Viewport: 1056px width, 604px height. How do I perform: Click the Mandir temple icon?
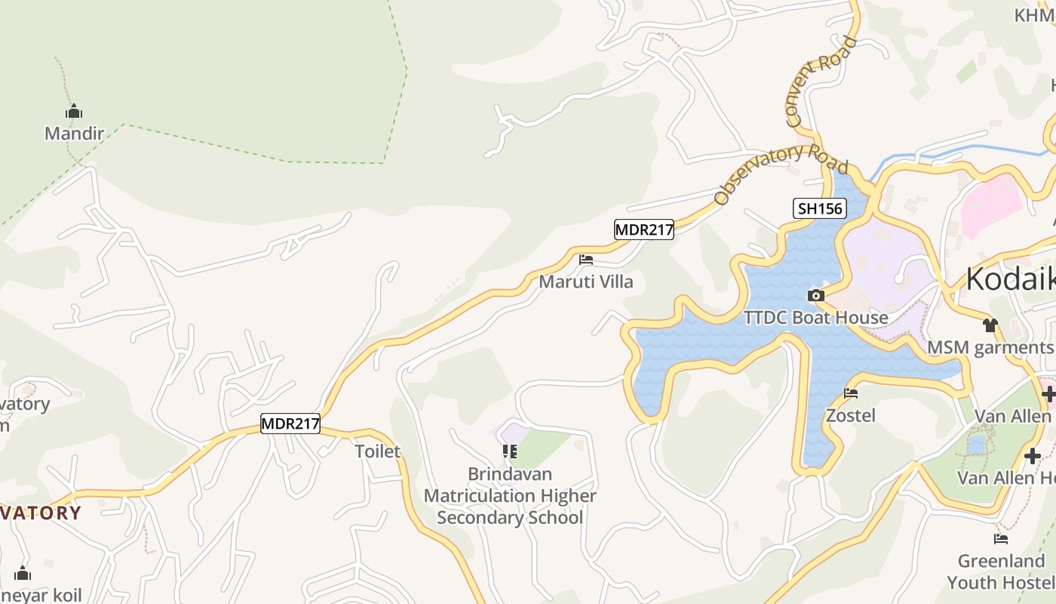pyautogui.click(x=74, y=112)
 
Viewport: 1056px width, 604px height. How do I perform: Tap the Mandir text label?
pyautogui.click(x=74, y=134)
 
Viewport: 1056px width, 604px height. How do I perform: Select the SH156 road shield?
pyautogui.click(x=819, y=208)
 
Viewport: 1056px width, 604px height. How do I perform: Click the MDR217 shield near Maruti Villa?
pyautogui.click(x=643, y=230)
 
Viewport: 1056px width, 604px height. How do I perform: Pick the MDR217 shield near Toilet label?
pyautogui.click(x=290, y=424)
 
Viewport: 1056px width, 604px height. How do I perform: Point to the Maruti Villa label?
pyautogui.click(x=586, y=282)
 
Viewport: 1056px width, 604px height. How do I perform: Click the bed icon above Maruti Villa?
pyautogui.click(x=586, y=260)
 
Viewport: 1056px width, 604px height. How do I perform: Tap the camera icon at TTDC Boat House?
pyautogui.click(x=815, y=295)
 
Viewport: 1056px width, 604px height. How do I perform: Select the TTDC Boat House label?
pyautogui.click(x=815, y=317)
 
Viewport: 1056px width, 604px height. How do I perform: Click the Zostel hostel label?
pyautogui.click(x=851, y=415)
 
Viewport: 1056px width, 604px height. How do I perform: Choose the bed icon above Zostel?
pyautogui.click(x=851, y=393)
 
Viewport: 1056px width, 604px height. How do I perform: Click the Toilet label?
pyautogui.click(x=377, y=451)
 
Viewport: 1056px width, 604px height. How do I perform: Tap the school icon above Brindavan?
pyautogui.click(x=510, y=451)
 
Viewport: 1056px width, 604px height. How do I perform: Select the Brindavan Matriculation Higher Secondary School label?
pyautogui.click(x=510, y=496)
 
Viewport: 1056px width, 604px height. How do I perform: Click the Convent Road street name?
pyautogui.click(x=821, y=81)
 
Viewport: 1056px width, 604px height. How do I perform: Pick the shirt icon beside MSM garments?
pyautogui.click(x=990, y=325)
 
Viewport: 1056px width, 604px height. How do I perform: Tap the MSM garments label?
pyautogui.click(x=990, y=347)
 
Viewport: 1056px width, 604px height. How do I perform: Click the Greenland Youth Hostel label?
pyautogui.click(x=1001, y=572)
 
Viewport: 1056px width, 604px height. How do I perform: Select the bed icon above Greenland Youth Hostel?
pyautogui.click(x=1001, y=539)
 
